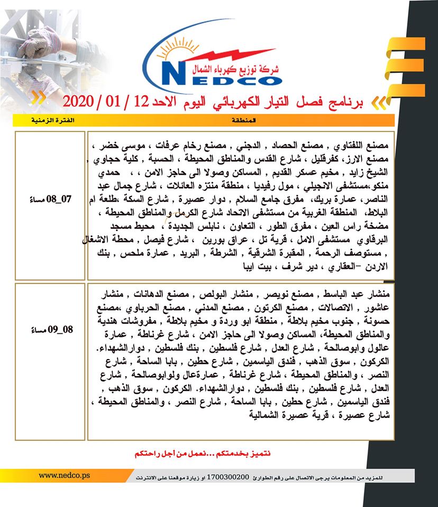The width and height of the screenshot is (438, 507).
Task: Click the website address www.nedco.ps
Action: click(65, 475)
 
